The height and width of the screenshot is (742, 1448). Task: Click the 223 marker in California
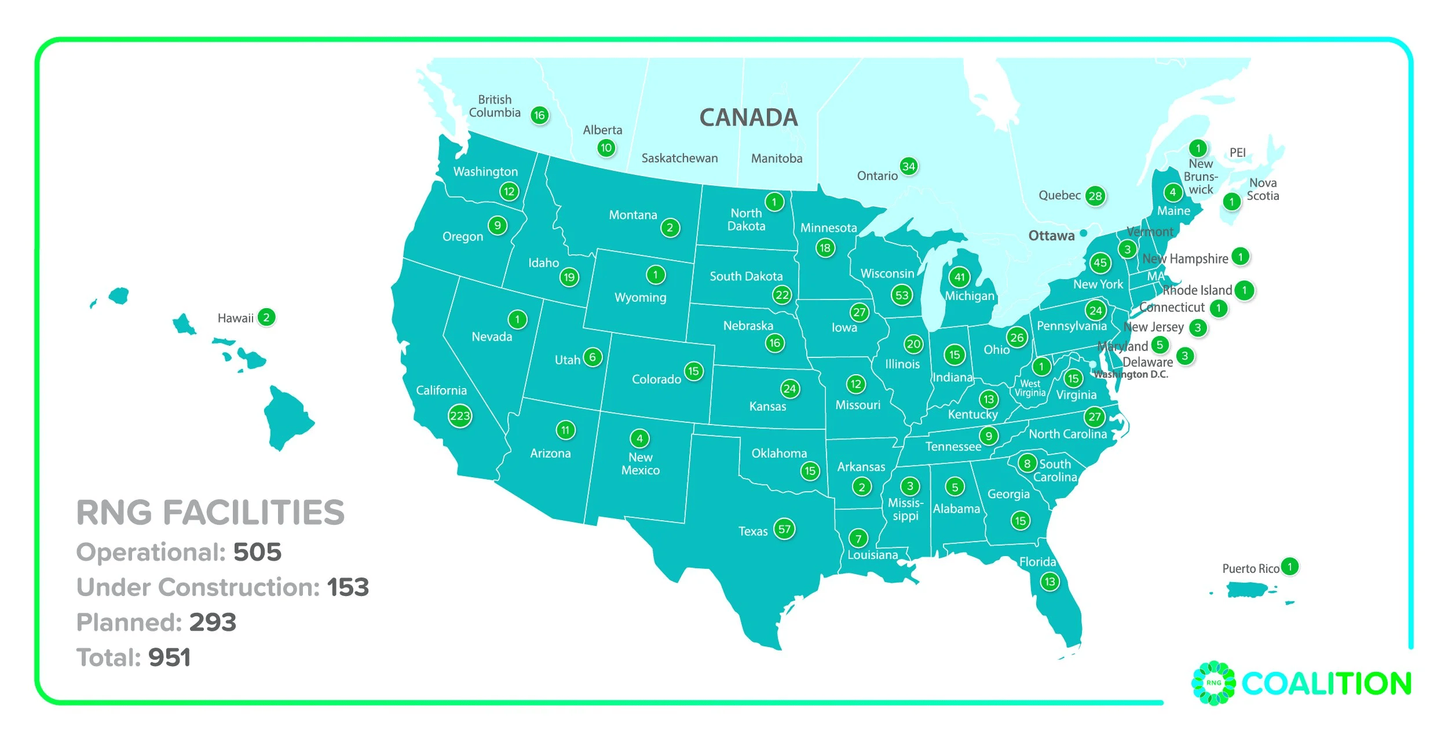[460, 416]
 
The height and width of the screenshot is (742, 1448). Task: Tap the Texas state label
[752, 531]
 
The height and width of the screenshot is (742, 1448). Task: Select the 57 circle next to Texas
[784, 529]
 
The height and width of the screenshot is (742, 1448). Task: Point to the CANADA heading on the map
[748, 118]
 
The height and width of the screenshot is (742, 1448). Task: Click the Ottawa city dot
[1083, 233]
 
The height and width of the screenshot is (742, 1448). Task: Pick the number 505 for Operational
[257, 552]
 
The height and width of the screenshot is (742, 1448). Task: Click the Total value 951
[169, 657]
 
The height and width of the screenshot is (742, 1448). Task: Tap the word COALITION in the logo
[1326, 684]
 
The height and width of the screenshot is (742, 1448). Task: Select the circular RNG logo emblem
[1213, 683]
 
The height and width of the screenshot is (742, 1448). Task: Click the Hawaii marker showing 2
[266, 317]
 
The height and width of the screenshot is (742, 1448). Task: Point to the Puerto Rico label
[1250, 569]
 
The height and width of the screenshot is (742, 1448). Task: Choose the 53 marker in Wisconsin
[902, 295]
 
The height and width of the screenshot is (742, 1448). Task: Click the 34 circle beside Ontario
[909, 167]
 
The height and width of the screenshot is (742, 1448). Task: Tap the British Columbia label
[495, 106]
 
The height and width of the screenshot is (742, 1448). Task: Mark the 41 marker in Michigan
[960, 277]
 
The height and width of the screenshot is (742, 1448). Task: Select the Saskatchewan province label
[679, 158]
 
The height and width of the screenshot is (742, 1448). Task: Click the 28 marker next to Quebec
[1095, 196]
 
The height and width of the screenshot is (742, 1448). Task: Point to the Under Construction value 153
[348, 587]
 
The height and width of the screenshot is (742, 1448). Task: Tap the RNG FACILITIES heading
[210, 513]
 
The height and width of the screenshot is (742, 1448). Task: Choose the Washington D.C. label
[1131, 375]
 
